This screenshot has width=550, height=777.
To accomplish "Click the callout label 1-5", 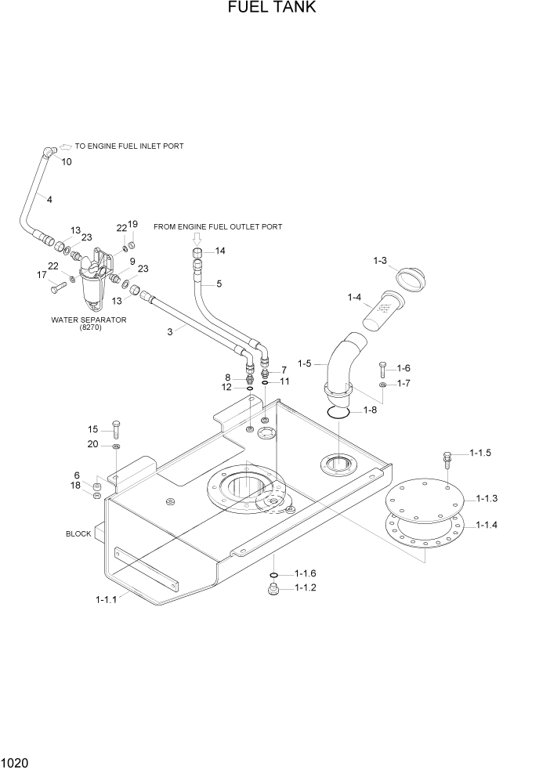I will point(305,363).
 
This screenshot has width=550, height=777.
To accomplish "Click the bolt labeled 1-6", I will point(382,368).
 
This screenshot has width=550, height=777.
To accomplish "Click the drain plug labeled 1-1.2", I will point(273,589).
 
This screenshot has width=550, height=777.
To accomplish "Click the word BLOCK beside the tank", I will point(78,533).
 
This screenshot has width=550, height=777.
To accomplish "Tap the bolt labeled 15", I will point(116,428).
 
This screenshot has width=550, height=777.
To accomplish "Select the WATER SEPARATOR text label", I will point(89,320).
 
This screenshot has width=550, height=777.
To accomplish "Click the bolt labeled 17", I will point(56,287).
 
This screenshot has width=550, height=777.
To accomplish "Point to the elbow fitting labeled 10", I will point(50,153).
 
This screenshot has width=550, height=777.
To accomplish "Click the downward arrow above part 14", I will point(197,238).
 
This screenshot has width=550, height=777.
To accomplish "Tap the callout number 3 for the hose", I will point(169,331).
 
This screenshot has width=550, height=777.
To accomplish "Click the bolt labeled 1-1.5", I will point(447,457).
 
